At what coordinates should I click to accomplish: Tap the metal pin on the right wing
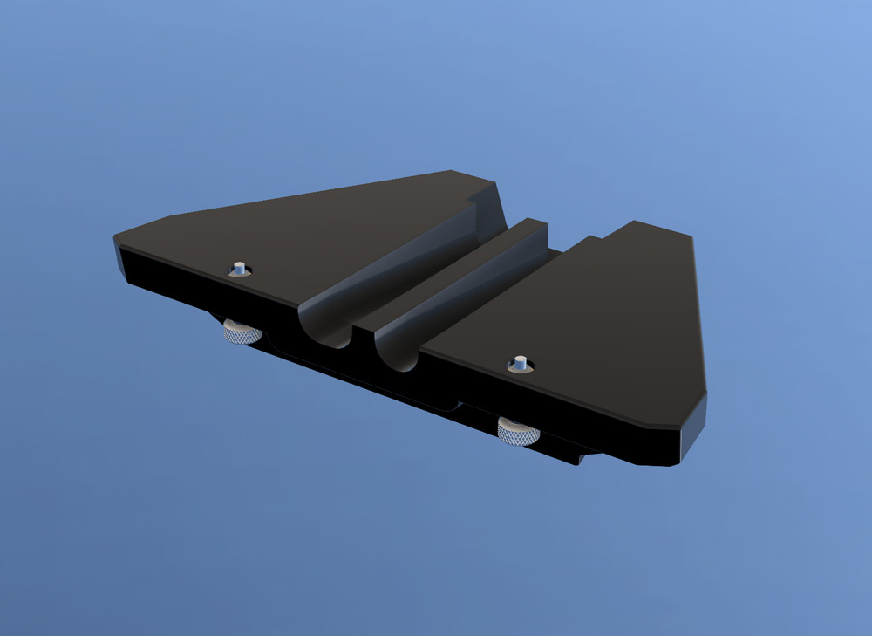click(520, 363)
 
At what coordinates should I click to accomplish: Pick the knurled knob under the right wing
click(518, 430)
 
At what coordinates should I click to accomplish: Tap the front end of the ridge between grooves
click(364, 325)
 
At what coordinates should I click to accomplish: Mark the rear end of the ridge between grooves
click(533, 225)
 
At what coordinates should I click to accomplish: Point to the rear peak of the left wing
click(453, 173)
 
